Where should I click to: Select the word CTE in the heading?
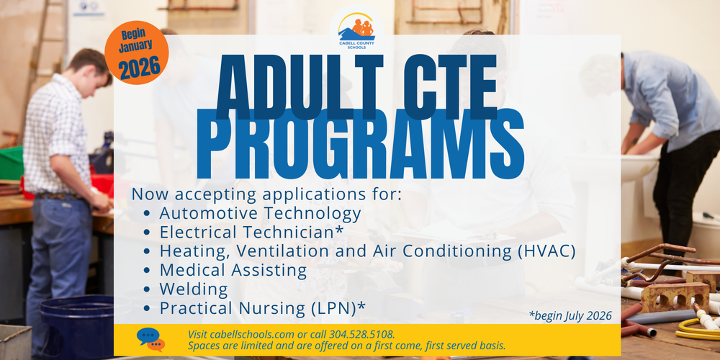pos(444,94)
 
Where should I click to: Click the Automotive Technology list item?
pos(260,213)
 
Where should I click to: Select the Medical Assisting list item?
pos(233,271)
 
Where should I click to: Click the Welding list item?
pos(194,289)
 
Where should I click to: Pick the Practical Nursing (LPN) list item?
pos(262,308)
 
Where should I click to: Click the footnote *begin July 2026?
pos(570,315)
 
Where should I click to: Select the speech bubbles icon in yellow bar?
pos(150,339)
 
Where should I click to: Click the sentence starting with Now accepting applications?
pos(266,194)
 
